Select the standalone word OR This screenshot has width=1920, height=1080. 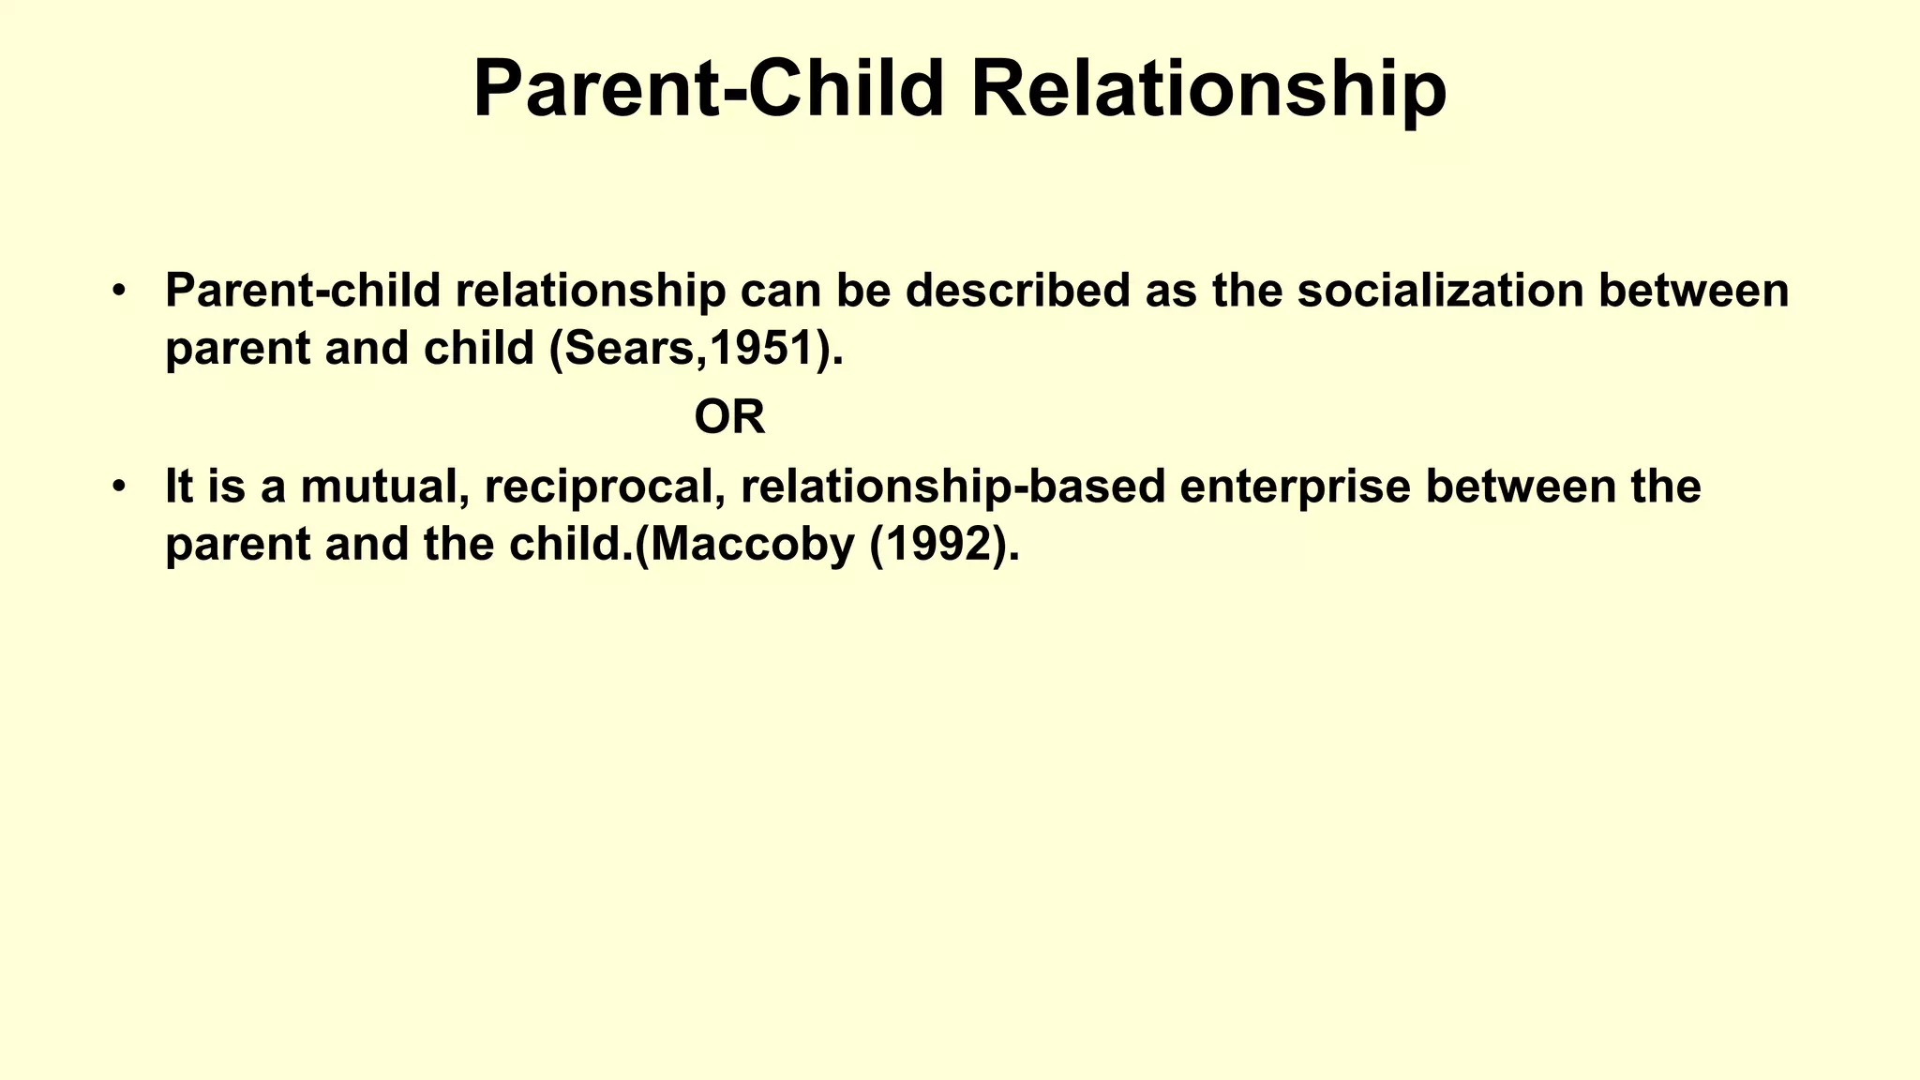pos(729,417)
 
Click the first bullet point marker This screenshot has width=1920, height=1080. pos(118,291)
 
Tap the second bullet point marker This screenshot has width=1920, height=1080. pos(118,487)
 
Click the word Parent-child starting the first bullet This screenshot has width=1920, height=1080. pos(303,291)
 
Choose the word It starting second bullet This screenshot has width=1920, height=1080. pos(178,487)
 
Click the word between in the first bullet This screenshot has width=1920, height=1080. pos(1693,291)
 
